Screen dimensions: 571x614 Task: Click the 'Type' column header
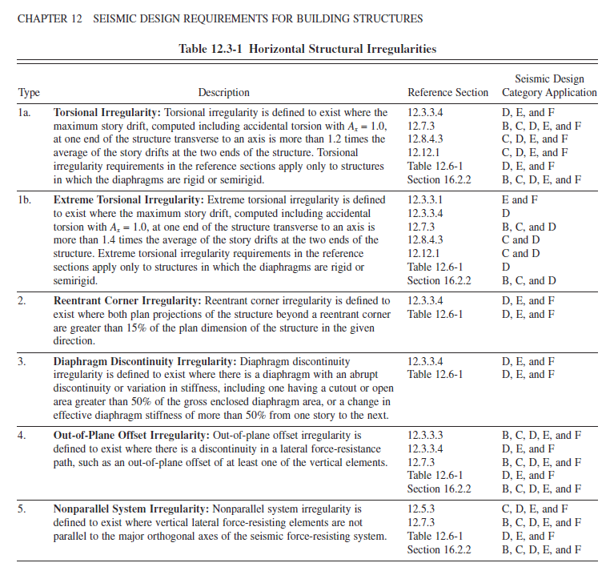point(29,93)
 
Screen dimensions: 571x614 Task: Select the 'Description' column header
point(224,93)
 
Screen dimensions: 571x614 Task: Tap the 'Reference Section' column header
point(447,93)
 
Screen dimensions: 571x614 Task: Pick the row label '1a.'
point(26,113)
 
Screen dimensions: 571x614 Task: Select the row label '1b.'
point(26,199)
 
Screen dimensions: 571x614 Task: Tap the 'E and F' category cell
point(520,199)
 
